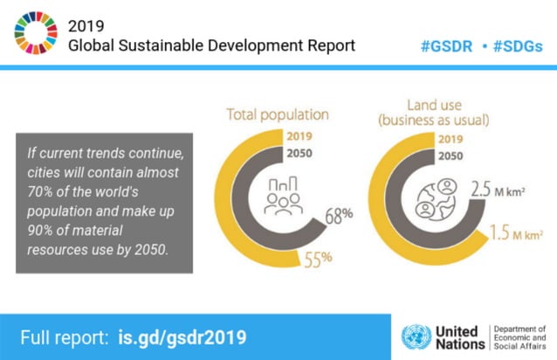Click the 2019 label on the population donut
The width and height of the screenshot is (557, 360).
click(x=299, y=136)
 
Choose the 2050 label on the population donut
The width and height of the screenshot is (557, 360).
click(x=299, y=156)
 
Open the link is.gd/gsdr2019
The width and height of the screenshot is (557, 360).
click(x=182, y=336)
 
